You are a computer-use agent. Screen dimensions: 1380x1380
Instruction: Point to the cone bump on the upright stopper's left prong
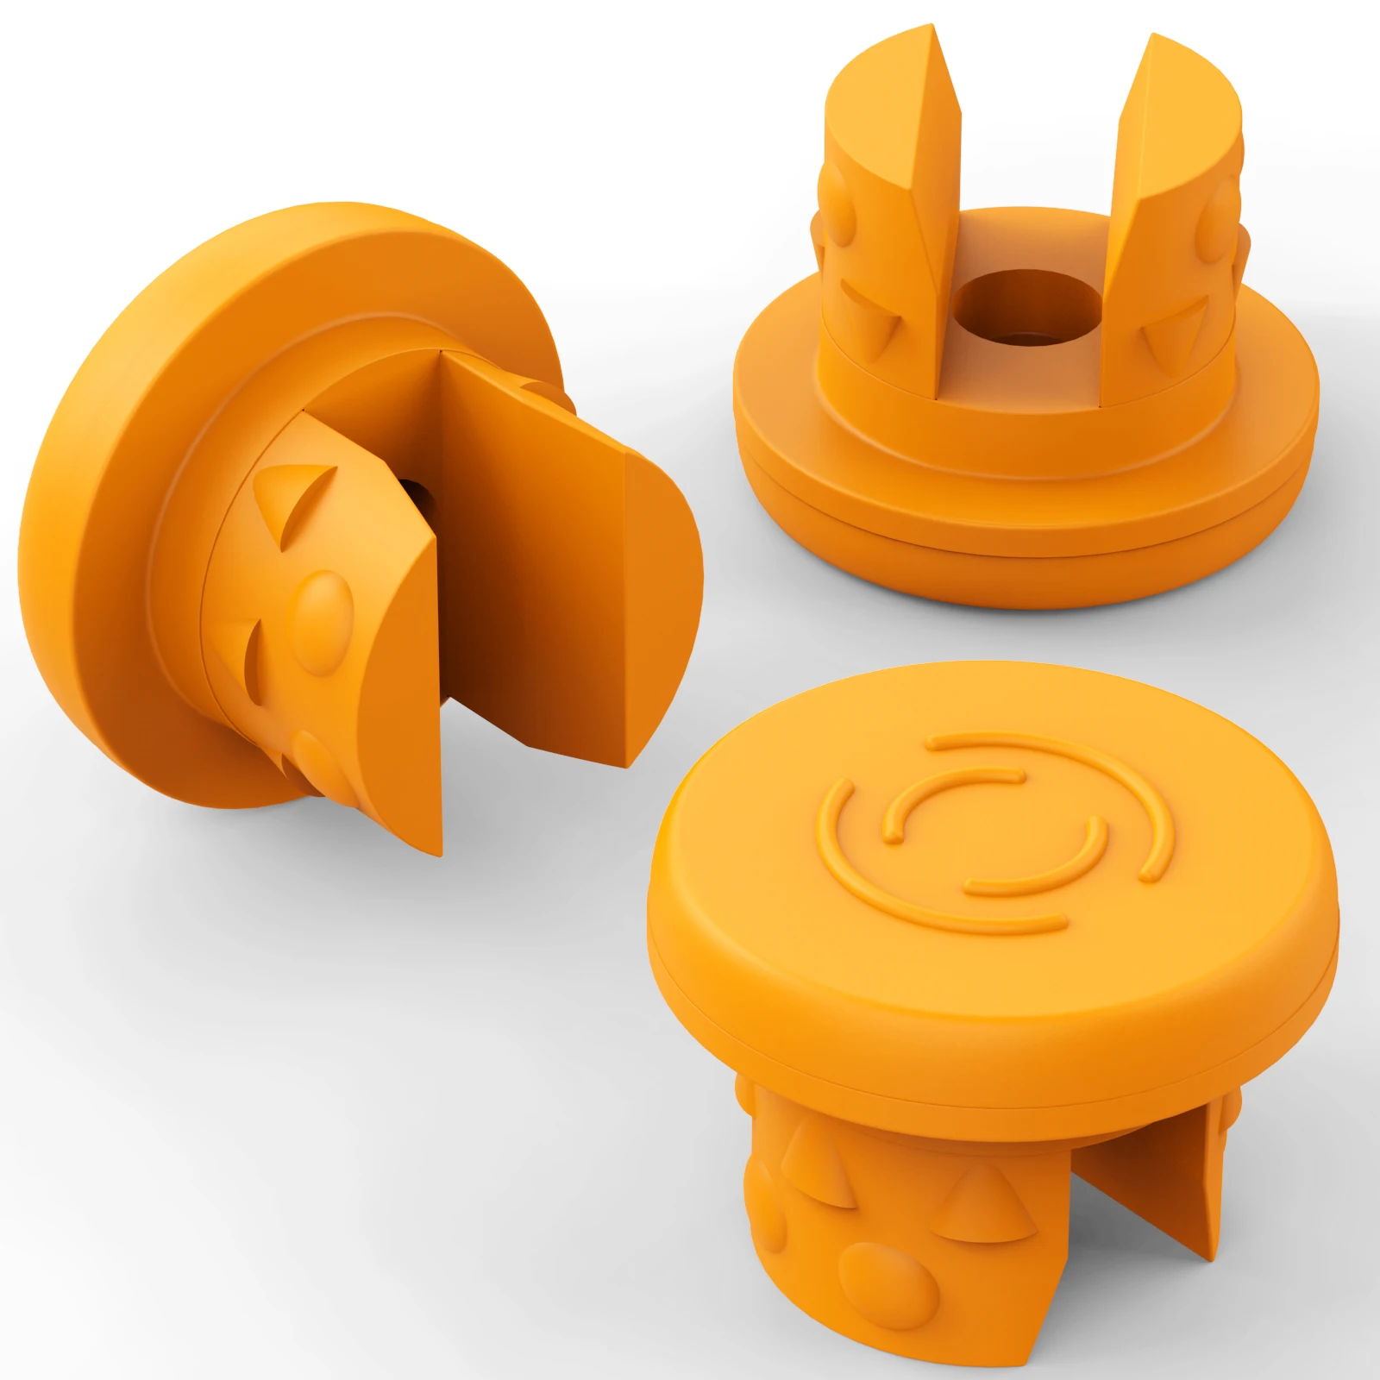[x=873, y=323]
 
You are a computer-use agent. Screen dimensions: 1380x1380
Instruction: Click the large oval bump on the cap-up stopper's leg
[x=888, y=1285]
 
